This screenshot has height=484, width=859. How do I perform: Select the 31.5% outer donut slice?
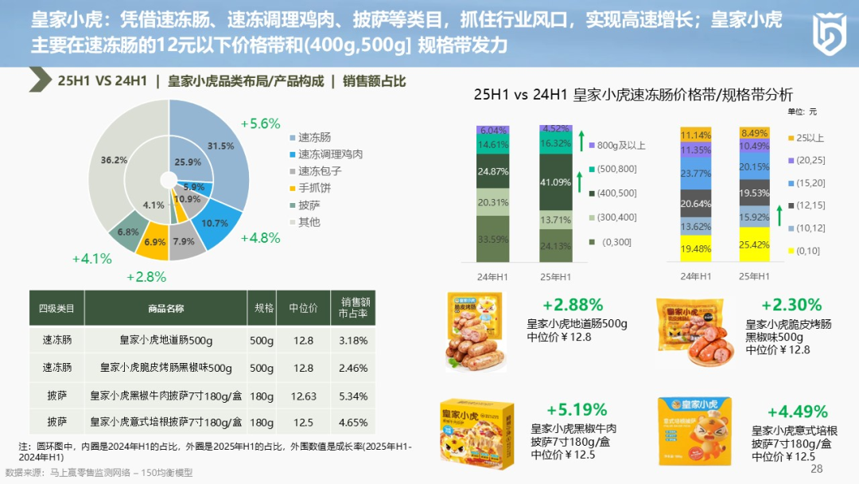click(220, 146)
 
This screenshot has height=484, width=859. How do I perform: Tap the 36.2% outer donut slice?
click(115, 160)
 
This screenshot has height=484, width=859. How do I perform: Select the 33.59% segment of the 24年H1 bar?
click(493, 239)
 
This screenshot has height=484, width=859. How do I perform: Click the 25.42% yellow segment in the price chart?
click(755, 244)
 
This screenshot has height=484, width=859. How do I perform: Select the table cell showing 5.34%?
click(353, 396)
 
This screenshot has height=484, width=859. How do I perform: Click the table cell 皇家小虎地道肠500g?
click(166, 341)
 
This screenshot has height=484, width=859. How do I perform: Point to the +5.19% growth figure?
click(577, 410)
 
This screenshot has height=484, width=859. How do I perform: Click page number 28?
click(817, 469)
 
